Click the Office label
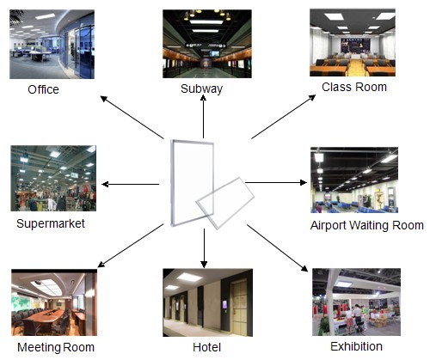click(x=43, y=89)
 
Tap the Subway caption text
click(x=202, y=88)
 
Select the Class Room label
click(x=354, y=87)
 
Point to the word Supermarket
click(x=51, y=223)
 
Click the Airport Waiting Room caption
click(x=367, y=225)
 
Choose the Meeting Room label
click(x=56, y=347)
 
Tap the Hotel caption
click(x=207, y=347)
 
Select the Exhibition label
click(x=356, y=346)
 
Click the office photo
click(x=52, y=44)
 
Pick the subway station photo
click(x=207, y=44)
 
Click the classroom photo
click(x=353, y=43)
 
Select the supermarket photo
click(x=53, y=179)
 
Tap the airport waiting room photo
click(x=354, y=180)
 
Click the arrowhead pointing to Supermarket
click(x=105, y=184)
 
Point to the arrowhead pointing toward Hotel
click(x=204, y=265)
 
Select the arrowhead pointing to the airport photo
click(x=304, y=182)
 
